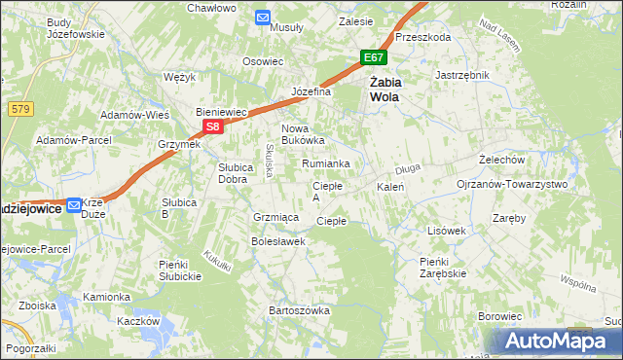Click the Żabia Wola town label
[386, 90]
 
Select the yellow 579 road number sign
[18, 110]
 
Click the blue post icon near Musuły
[263, 17]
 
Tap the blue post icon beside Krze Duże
[74, 205]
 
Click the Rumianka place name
[325, 163]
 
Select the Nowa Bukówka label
[302, 134]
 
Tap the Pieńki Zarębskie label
[443, 268]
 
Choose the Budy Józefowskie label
[75, 28]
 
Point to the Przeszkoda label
[423, 37]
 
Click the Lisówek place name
[448, 231]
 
